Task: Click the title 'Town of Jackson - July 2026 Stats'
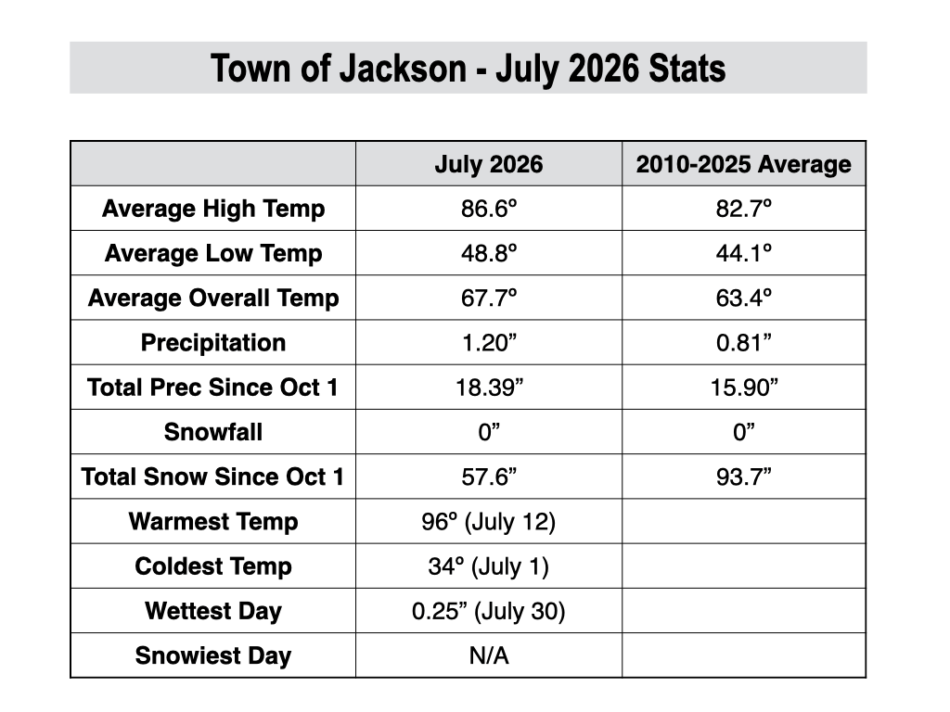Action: click(468, 69)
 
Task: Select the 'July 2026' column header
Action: click(488, 165)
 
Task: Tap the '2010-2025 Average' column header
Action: click(743, 164)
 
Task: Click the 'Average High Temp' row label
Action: click(213, 209)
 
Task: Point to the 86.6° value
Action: click(488, 209)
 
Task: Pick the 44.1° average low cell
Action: click(743, 253)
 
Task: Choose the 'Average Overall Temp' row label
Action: click(213, 299)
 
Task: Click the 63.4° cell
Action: click(743, 298)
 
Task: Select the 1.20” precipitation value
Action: click(489, 343)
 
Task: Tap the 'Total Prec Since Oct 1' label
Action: click(212, 388)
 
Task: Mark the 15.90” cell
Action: click(743, 388)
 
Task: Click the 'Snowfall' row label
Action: click(213, 432)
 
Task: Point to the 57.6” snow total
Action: click(489, 477)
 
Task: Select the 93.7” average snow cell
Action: click(743, 477)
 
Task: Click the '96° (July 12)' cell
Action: click(488, 522)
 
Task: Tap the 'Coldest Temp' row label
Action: click(213, 566)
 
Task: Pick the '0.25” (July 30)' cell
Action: click(488, 612)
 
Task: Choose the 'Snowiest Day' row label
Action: click(213, 656)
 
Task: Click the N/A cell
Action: click(489, 655)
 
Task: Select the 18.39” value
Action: click(489, 388)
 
